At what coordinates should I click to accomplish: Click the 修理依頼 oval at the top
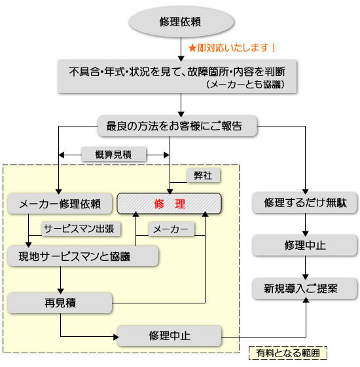tap(181, 22)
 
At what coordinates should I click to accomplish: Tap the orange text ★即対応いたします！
tap(232, 48)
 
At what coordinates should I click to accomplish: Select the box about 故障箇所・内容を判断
tap(177, 77)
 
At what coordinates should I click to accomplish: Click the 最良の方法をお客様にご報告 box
tap(177, 126)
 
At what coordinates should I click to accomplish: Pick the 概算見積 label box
tap(114, 155)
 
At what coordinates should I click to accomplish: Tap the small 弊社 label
tap(204, 176)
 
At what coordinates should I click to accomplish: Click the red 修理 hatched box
tap(170, 204)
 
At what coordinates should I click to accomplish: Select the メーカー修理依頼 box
tap(60, 204)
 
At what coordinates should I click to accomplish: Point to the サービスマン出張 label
tap(81, 229)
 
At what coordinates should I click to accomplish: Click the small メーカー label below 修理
tap(171, 229)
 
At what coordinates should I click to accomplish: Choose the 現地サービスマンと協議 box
tap(83, 256)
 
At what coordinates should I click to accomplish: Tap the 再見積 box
tap(60, 303)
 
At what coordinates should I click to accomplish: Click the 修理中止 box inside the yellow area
tap(170, 336)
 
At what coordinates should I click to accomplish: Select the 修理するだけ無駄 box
tap(305, 203)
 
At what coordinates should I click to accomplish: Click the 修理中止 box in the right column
tap(305, 245)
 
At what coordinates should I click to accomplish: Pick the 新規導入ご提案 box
tap(305, 288)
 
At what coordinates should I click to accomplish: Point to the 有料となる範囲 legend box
tap(288, 353)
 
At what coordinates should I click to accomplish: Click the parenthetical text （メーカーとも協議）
tap(245, 85)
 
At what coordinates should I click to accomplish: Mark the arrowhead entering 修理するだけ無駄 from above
tap(306, 191)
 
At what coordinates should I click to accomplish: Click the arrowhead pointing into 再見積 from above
tap(61, 292)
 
